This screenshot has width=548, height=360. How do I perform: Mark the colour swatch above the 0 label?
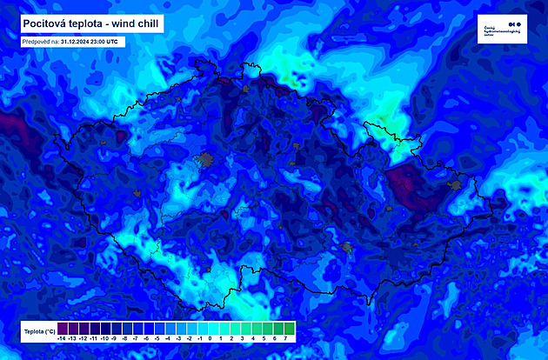coord(211,327)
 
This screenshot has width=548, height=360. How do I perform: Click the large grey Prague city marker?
coord(206,159)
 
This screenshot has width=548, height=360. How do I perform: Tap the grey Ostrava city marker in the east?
coord(452,184)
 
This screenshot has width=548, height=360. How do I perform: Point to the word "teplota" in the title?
coord(84,23)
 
